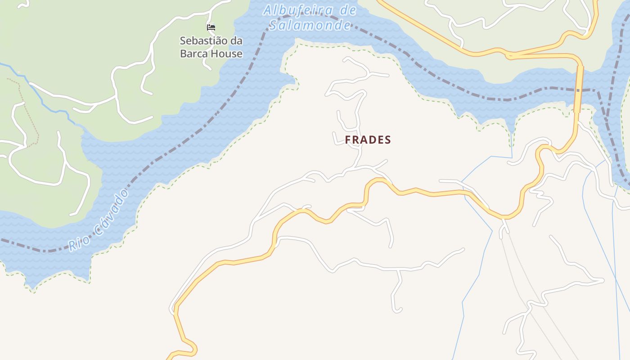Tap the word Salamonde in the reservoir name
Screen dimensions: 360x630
(x=310, y=25)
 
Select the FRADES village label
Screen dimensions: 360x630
(x=368, y=140)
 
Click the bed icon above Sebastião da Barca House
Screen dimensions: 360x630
(x=211, y=27)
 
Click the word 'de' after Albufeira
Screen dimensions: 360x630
(x=348, y=10)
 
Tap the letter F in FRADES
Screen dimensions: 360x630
(x=348, y=140)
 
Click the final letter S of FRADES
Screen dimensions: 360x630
(x=388, y=140)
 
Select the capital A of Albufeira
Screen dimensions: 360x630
(x=268, y=10)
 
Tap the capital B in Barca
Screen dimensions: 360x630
(x=183, y=54)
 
